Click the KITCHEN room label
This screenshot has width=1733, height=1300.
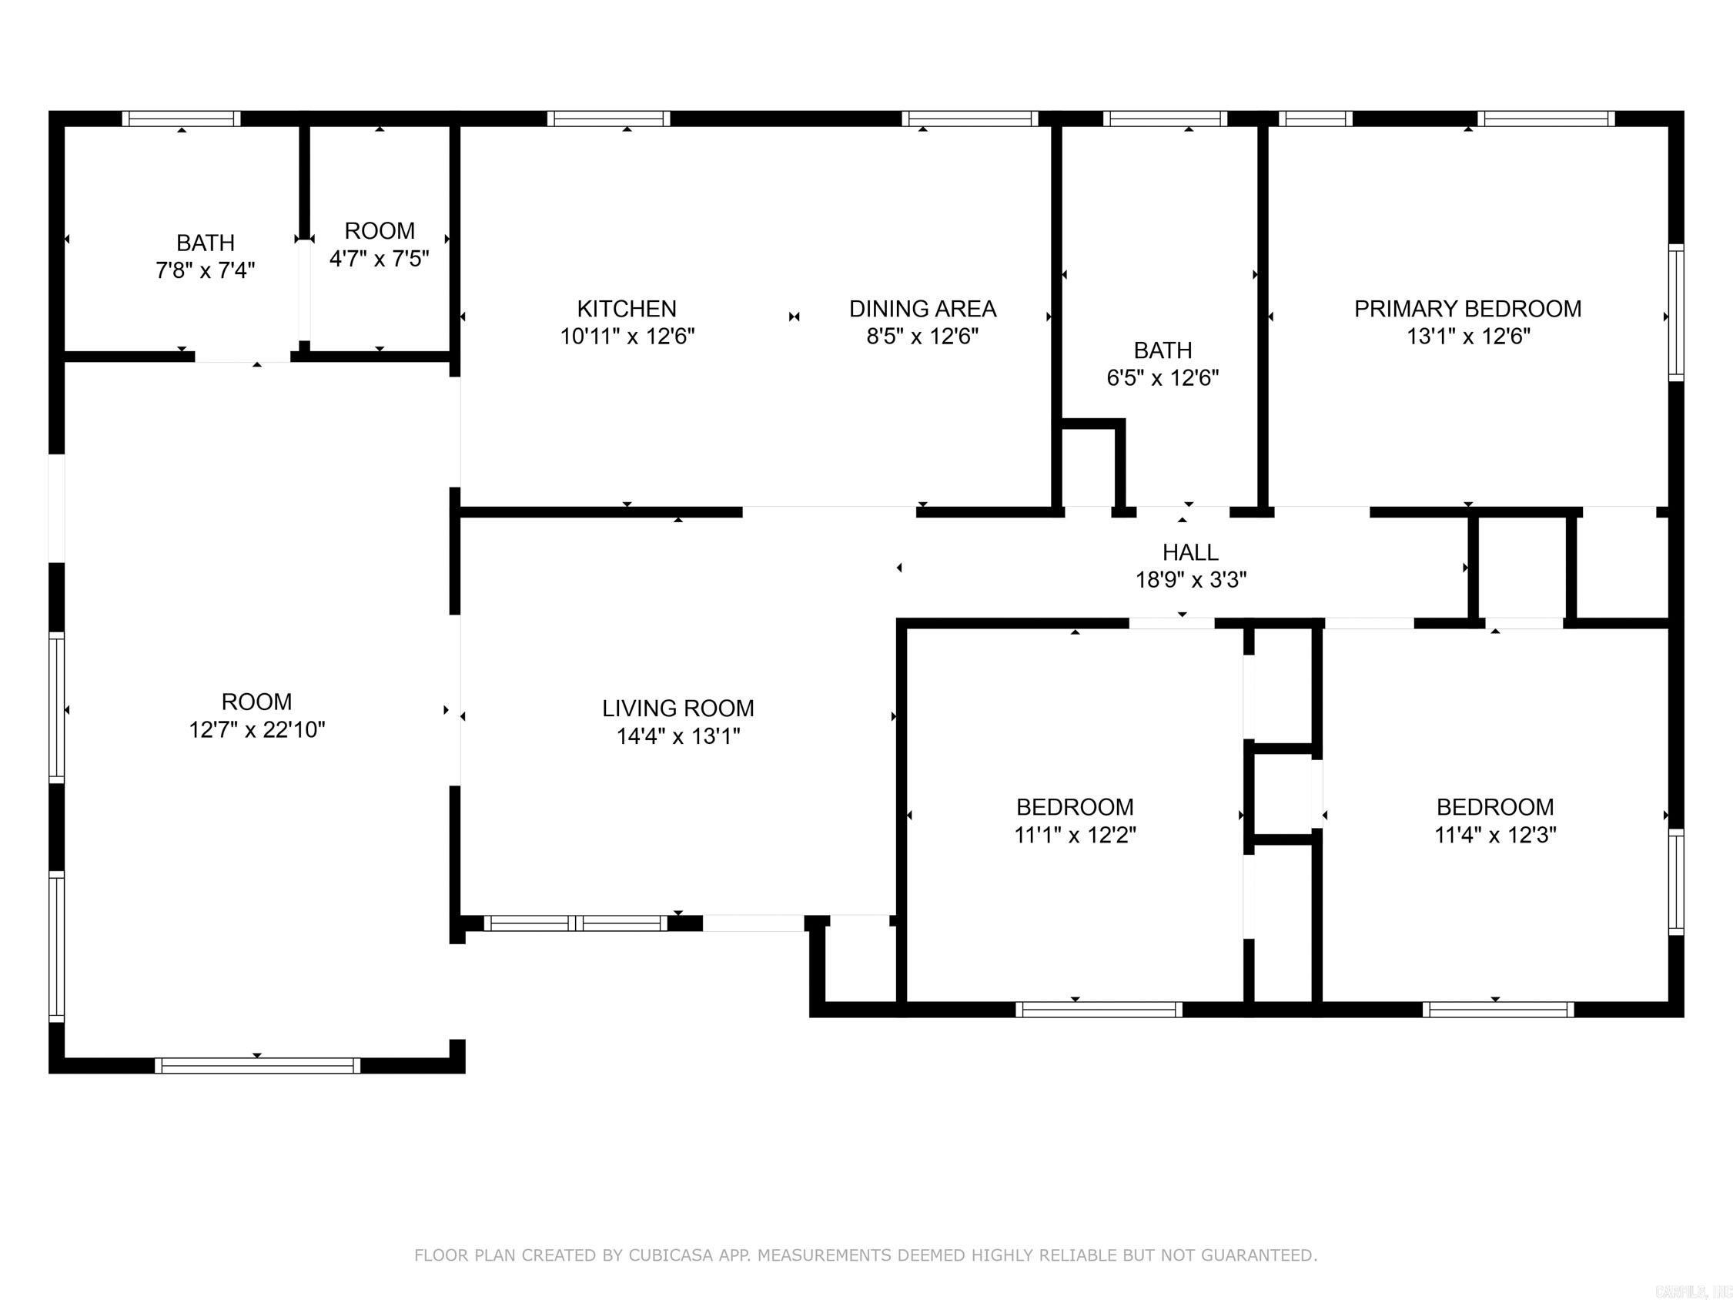(x=626, y=309)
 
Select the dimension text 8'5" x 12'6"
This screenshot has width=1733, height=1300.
(x=922, y=336)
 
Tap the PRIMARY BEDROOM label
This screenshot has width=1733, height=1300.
(x=1467, y=309)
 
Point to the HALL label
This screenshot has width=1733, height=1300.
(x=1189, y=552)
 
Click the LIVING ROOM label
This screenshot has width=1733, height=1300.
(x=677, y=709)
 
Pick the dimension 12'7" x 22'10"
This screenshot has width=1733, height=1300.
(x=256, y=729)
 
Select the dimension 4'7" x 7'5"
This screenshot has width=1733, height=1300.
(x=380, y=259)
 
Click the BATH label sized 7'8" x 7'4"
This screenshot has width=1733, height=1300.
(x=206, y=243)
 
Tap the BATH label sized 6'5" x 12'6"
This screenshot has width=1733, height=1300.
(x=1163, y=350)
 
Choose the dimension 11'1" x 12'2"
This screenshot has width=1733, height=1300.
(x=1075, y=835)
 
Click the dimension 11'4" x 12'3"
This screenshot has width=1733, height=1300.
(x=1495, y=835)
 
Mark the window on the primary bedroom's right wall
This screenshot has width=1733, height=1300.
(x=1676, y=312)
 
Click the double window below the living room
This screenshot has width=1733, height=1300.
(x=576, y=923)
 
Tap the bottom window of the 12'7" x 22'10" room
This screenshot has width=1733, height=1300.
(x=257, y=1066)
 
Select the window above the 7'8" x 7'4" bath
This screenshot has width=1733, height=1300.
(x=181, y=119)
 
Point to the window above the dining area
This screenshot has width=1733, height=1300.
(x=969, y=119)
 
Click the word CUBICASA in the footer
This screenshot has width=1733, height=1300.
(x=670, y=1255)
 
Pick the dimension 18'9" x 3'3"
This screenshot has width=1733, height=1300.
(x=1190, y=580)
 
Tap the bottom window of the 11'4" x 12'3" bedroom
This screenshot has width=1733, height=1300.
(x=1498, y=1010)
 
